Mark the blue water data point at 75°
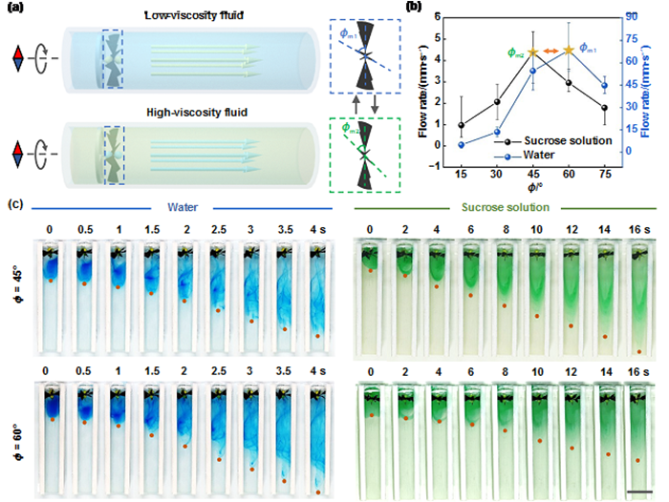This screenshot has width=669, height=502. pyautogui.click(x=603, y=86)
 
